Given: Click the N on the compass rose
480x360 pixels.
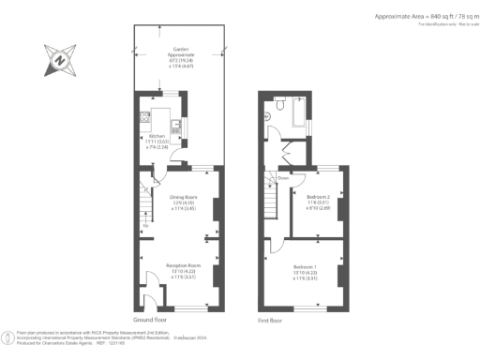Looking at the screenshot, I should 60,62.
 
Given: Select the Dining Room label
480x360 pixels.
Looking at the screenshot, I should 182,197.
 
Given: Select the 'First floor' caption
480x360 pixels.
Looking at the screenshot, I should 270,320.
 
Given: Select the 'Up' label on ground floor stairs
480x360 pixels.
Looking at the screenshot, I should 144,226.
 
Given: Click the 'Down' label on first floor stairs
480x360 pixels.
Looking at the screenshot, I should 282,175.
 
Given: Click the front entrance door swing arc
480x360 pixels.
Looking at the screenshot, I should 151,282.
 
